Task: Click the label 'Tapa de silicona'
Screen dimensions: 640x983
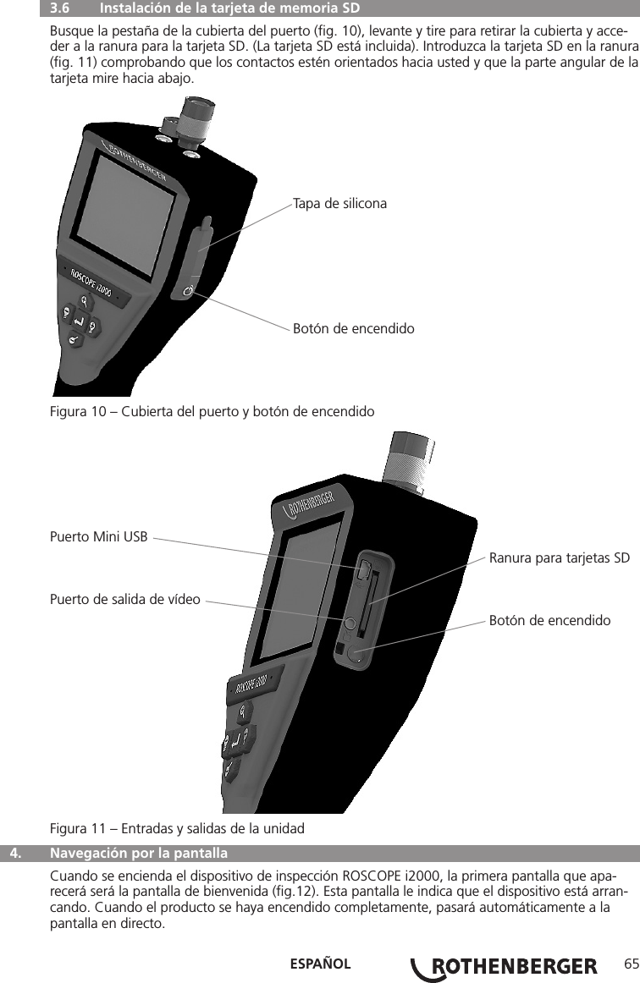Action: [x=339, y=203]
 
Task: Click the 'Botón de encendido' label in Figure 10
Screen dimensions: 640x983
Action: [x=353, y=327]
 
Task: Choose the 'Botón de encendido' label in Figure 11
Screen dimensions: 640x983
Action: [x=549, y=620]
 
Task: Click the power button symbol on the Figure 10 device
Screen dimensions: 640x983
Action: [x=188, y=292]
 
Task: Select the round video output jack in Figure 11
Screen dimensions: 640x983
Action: [x=350, y=623]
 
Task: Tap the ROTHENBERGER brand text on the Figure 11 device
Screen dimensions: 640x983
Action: [x=312, y=504]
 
